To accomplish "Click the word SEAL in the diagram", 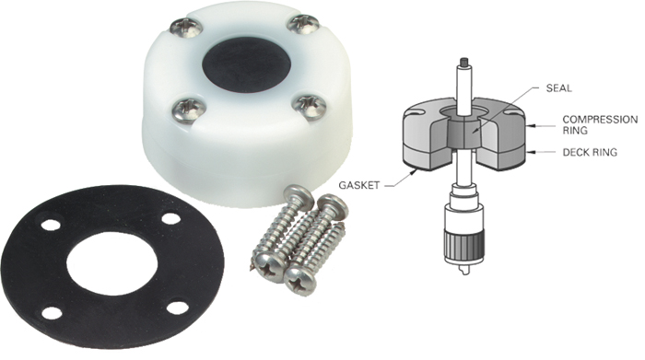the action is (x=558, y=88).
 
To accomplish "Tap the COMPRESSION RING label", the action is (x=600, y=124).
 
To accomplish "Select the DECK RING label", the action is (x=590, y=152).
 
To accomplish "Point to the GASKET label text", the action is (x=358, y=185).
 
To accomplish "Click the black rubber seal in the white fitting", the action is (x=246, y=62).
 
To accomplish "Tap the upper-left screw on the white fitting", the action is (x=186, y=27).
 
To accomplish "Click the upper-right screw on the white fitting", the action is (x=303, y=24).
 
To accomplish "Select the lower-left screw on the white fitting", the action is (x=188, y=112).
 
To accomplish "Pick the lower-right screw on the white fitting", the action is (x=311, y=109).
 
